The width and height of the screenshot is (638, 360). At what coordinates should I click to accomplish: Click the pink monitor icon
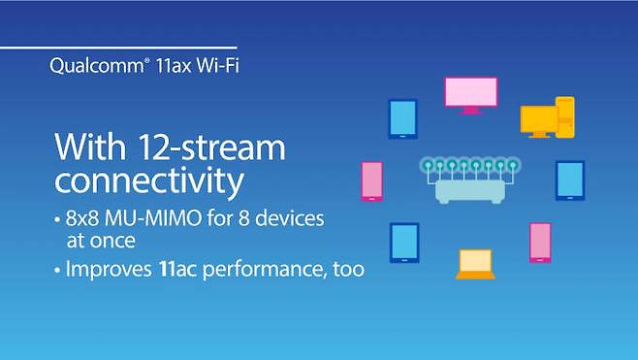[x=470, y=94]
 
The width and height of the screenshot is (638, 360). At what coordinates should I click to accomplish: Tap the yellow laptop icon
[x=475, y=264]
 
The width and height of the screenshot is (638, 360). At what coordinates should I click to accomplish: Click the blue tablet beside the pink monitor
[x=402, y=118]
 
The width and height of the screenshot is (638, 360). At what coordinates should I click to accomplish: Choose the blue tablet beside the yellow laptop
[x=403, y=243]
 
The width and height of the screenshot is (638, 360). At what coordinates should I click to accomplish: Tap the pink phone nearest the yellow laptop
[x=540, y=243]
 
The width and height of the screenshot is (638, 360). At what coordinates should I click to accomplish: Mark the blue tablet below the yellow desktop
[x=569, y=180]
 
